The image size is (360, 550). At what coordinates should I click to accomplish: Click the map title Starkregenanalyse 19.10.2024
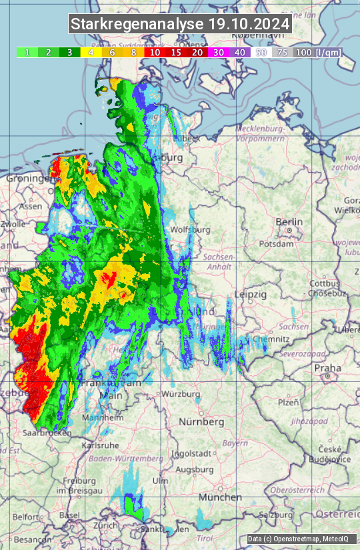click(180, 24)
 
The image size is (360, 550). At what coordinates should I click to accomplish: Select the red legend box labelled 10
click(155, 52)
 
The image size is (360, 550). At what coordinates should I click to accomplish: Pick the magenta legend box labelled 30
click(217, 52)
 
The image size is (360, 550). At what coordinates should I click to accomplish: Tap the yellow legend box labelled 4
click(90, 52)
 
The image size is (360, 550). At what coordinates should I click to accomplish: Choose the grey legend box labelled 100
click(303, 52)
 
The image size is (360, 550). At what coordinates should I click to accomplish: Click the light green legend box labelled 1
click(27, 52)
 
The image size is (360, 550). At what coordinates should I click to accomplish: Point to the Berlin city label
click(289, 222)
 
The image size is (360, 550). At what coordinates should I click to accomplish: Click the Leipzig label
click(251, 294)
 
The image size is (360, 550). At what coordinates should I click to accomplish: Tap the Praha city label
click(327, 367)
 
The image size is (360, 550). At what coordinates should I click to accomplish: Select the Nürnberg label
click(201, 422)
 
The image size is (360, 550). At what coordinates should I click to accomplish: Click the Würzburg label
click(181, 394)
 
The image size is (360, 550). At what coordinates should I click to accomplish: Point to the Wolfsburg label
click(191, 230)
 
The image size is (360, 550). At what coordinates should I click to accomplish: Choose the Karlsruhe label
click(100, 445)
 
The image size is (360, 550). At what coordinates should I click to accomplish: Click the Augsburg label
click(193, 469)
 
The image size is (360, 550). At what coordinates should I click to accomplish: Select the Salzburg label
click(277, 515)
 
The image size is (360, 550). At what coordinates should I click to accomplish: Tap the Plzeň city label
click(287, 402)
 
